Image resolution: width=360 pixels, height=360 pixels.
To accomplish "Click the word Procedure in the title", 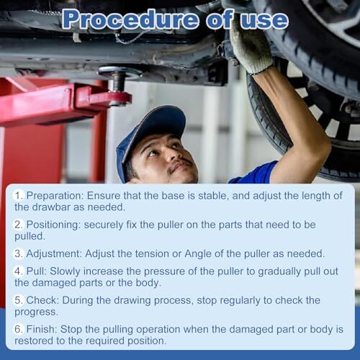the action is click(x=131, y=19).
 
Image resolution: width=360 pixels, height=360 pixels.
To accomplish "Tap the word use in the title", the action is click(x=264, y=20).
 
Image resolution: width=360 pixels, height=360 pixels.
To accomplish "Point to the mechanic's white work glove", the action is click(x=251, y=48).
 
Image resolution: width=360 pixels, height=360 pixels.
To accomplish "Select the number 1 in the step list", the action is click(x=18, y=196).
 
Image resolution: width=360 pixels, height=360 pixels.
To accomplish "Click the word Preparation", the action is click(x=55, y=196).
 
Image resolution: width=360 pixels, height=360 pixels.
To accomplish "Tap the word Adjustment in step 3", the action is click(x=54, y=254).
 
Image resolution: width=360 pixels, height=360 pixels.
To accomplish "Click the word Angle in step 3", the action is click(x=198, y=254).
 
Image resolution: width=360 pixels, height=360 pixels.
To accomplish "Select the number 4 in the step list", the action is click(x=18, y=271).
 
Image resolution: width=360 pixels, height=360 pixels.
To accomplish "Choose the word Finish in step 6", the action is click(x=42, y=329).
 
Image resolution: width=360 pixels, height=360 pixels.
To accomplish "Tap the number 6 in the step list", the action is click(x=18, y=329).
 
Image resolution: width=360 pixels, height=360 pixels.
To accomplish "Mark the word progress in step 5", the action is click(x=36, y=312).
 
